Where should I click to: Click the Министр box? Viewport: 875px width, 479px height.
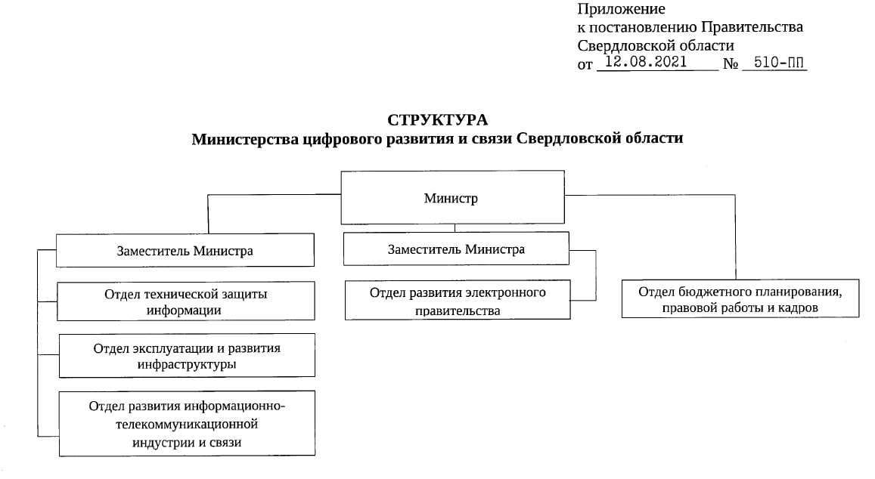[452, 197]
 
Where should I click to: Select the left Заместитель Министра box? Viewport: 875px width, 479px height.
[185, 250]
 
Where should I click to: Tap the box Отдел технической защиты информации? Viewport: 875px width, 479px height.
[186, 301]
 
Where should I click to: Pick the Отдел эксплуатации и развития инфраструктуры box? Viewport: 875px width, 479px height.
[187, 356]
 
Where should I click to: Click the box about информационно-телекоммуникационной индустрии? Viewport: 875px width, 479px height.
[187, 424]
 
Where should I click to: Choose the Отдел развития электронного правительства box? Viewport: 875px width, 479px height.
[458, 300]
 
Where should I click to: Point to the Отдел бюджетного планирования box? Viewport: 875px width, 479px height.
[740, 299]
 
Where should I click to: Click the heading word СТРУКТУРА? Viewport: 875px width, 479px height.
[437, 120]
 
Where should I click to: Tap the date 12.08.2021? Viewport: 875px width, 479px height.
[646, 62]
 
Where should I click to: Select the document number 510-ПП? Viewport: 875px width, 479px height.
[779, 63]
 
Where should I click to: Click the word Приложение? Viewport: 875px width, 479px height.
[621, 10]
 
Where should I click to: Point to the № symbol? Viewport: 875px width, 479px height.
[731, 64]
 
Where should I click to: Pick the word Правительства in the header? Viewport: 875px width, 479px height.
[752, 26]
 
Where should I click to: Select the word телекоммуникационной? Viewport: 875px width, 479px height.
[187, 425]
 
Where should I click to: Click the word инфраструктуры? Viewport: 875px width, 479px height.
[187, 365]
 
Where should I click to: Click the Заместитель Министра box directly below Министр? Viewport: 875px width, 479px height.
[457, 249]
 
